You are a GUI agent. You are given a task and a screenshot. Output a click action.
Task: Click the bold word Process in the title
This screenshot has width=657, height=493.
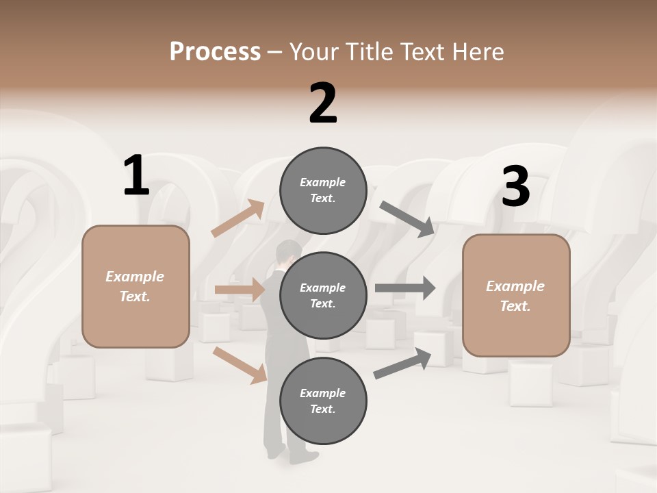coord(215,52)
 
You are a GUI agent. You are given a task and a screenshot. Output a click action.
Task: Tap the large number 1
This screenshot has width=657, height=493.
coord(136,176)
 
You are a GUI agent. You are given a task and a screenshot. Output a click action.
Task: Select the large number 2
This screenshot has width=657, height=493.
coord(323,103)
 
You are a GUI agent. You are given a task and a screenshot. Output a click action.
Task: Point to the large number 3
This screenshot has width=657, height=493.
coord(515,187)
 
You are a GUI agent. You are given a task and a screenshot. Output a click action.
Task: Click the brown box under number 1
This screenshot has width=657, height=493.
coord(136,286)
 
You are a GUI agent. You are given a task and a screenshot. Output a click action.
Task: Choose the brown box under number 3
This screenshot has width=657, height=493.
coord(516,295)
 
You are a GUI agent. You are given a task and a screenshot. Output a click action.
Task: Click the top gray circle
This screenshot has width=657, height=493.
coord(323,190)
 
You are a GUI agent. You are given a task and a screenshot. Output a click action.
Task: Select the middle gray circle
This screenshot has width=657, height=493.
coord(323,295)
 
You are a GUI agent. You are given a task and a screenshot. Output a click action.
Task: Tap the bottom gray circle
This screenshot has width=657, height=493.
coord(323,401)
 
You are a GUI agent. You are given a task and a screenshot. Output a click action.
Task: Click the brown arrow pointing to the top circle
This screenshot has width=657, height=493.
coord(237,219)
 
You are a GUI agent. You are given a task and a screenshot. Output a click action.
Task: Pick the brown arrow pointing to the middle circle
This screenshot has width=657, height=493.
coord(239,290)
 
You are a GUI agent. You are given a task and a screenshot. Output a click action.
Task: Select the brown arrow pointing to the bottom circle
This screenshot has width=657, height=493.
coord(239,364)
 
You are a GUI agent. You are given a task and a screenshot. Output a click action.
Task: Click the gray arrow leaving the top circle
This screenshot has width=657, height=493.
coord(407,219)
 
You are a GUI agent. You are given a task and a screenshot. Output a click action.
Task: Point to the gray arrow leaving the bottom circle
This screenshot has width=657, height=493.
coord(402,364)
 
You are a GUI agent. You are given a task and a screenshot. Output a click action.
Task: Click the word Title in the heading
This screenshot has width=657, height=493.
coord(370,52)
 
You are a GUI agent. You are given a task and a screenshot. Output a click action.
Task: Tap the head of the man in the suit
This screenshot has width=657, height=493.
coord(287,252)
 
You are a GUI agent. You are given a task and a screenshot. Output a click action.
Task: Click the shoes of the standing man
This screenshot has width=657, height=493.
coord(287,453)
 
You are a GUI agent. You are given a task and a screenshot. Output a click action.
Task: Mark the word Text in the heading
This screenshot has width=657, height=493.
coord(422,52)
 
